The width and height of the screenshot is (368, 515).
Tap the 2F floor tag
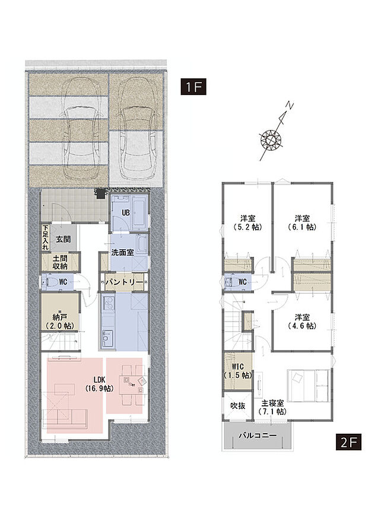[x=348, y=441]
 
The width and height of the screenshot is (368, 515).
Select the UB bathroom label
[x=126, y=212]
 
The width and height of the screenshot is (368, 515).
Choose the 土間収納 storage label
[x=59, y=262]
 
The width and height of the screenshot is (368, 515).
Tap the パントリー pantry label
[x=125, y=282]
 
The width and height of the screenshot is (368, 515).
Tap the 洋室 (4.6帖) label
[x=302, y=321]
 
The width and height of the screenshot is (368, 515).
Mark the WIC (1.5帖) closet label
[x=238, y=371]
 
